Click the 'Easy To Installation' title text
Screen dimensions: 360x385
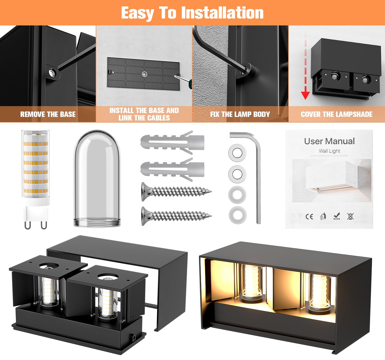pyautogui.click(x=192, y=13)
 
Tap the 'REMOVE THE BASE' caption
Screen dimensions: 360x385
pyautogui.click(x=48, y=114)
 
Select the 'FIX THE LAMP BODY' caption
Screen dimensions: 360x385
pyautogui.click(x=240, y=114)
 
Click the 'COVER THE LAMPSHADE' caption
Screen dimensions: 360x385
pyautogui.click(x=336, y=114)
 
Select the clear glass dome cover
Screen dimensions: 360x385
pyautogui.click(x=97, y=179)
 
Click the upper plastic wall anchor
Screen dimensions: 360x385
pyautogui.click(x=172, y=142)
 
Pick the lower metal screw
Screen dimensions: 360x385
pyautogui.click(x=176, y=216)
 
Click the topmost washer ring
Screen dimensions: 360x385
pyautogui.click(x=237, y=153)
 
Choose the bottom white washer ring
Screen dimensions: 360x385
pyautogui.click(x=237, y=214)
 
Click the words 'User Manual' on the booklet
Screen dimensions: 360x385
pyautogui.click(x=329, y=141)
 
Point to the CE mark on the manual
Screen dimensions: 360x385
pyautogui.click(x=309, y=217)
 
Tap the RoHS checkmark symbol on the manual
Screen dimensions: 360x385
pyautogui.click(x=336, y=216)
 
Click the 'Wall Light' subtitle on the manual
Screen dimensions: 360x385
pyautogui.click(x=329, y=151)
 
